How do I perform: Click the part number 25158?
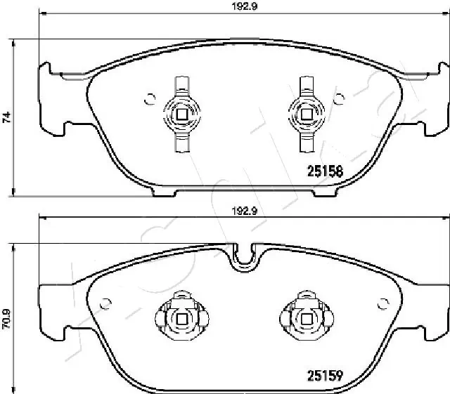[325, 171]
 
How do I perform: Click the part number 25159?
[325, 376]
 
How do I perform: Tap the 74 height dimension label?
[6, 117]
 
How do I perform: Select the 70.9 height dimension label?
[6, 319]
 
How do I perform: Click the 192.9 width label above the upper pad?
[245, 6]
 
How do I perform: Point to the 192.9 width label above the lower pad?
[245, 211]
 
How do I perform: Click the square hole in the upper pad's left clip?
[181, 114]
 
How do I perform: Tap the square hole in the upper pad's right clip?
[307, 114]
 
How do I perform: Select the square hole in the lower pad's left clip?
[181, 319]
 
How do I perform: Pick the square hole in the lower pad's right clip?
[307, 319]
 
